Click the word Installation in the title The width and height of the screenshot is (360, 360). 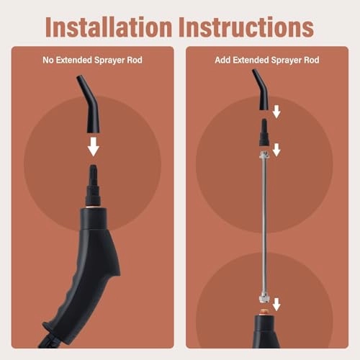[109, 27]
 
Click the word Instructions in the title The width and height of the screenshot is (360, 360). [246, 27]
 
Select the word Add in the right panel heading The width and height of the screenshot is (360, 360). [222, 60]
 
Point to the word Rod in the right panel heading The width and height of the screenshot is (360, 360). [312, 60]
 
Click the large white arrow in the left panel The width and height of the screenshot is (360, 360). [94, 147]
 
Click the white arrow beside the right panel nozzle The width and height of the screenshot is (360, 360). [276, 112]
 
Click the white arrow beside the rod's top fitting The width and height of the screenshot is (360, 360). [276, 150]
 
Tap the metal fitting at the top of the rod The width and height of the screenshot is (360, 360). [264, 155]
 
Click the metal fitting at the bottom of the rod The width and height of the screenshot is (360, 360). [264, 297]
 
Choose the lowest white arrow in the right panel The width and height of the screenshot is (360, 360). [276, 305]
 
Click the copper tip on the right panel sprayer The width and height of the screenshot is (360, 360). [264, 312]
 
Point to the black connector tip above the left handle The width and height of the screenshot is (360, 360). [94, 185]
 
